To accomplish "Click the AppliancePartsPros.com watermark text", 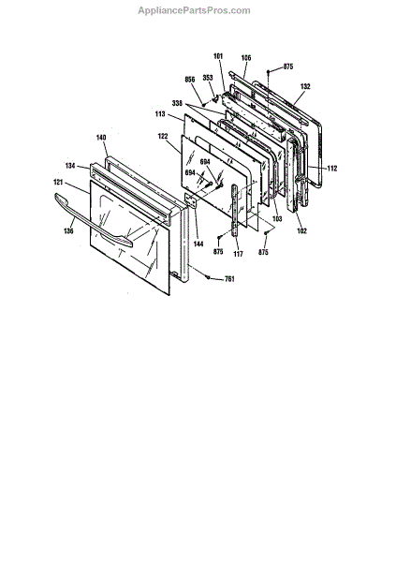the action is pyautogui.click(x=194, y=10).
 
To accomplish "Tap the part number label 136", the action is pyautogui.click(x=68, y=230).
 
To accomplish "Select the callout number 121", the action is pyautogui.click(x=58, y=183).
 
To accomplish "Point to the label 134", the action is pyautogui.click(x=70, y=166).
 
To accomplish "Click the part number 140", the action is pyautogui.click(x=101, y=138).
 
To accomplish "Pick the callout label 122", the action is pyautogui.click(x=163, y=136).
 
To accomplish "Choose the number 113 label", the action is pyautogui.click(x=160, y=114).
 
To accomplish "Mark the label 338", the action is pyautogui.click(x=177, y=104).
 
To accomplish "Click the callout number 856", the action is pyautogui.click(x=190, y=80).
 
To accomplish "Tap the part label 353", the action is pyautogui.click(x=208, y=78).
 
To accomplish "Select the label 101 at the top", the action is pyautogui.click(x=218, y=56).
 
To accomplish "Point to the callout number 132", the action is pyautogui.click(x=305, y=86).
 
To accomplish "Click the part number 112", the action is pyautogui.click(x=332, y=168).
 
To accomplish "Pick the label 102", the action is pyautogui.click(x=302, y=231).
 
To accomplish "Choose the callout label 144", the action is pyautogui.click(x=198, y=244).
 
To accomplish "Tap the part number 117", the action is pyautogui.click(x=238, y=254).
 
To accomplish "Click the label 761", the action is pyautogui.click(x=229, y=279).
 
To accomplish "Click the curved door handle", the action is pyautogui.click(x=94, y=221).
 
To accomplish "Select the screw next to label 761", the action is pyautogui.click(x=208, y=276).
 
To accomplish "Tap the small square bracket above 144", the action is pyautogui.click(x=191, y=200).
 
